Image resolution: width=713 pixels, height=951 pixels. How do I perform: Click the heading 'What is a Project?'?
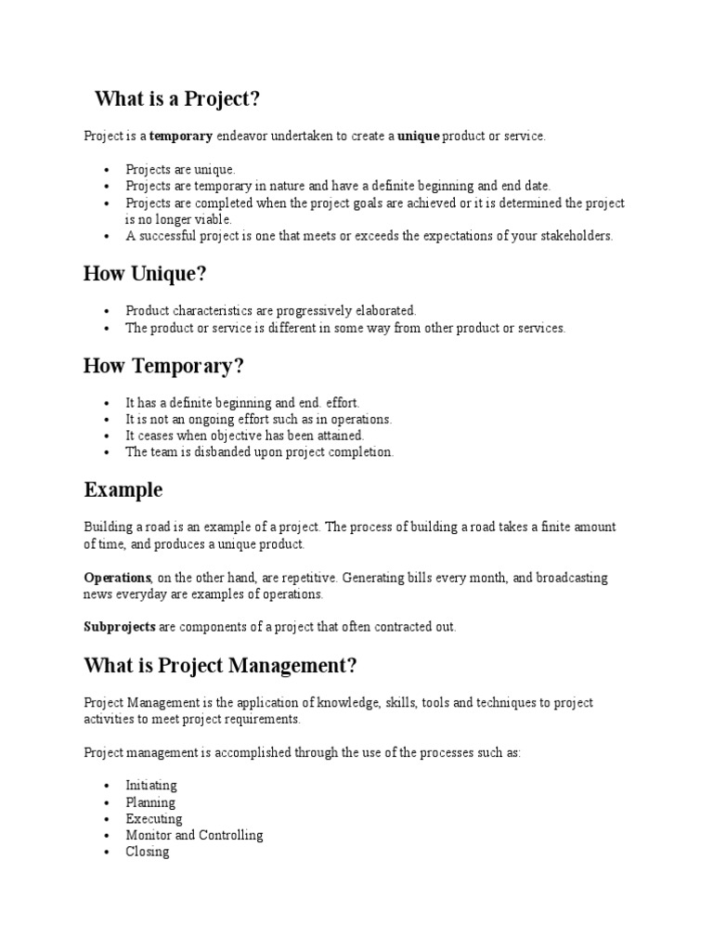[x=184, y=99]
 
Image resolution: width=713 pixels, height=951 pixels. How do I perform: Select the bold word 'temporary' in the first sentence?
[x=181, y=136]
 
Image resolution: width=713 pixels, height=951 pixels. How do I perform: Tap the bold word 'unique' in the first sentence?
[x=418, y=136]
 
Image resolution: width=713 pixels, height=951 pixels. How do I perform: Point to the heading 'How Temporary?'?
[x=163, y=367]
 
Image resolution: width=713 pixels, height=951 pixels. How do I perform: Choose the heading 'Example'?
[x=123, y=489]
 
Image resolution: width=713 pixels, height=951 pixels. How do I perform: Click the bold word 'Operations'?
[x=118, y=578]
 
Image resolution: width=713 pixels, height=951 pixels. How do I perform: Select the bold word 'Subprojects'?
[x=120, y=627]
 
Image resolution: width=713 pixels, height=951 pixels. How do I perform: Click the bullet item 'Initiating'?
[x=151, y=786]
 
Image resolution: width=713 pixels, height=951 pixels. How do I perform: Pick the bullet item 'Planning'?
[x=150, y=802]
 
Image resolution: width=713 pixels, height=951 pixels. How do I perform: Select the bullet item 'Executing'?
[x=154, y=819]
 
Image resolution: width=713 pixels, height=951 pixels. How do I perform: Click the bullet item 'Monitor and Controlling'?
[x=194, y=835]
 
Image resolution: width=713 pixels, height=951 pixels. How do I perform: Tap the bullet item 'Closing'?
[x=148, y=852]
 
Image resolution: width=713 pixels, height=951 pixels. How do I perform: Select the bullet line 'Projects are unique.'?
[x=181, y=170]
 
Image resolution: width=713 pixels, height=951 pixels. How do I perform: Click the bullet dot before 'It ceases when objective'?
[x=108, y=436]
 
